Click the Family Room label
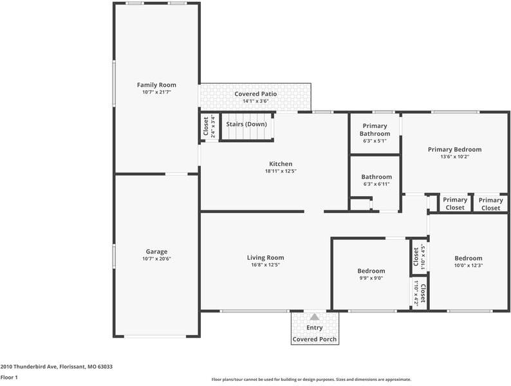point(156,85)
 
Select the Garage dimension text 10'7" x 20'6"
point(156,259)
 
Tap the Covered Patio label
point(255,94)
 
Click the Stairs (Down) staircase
point(247,131)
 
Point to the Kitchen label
point(281,164)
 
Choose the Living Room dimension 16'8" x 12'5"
point(265,264)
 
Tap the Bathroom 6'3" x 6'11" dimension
point(376,184)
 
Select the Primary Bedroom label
point(454,149)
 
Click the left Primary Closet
point(455,203)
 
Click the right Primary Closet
point(490,203)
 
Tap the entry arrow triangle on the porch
point(314,317)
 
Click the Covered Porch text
point(314,339)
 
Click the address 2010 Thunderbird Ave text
point(57,366)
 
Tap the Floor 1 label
point(9,378)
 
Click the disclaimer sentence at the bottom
point(311,379)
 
